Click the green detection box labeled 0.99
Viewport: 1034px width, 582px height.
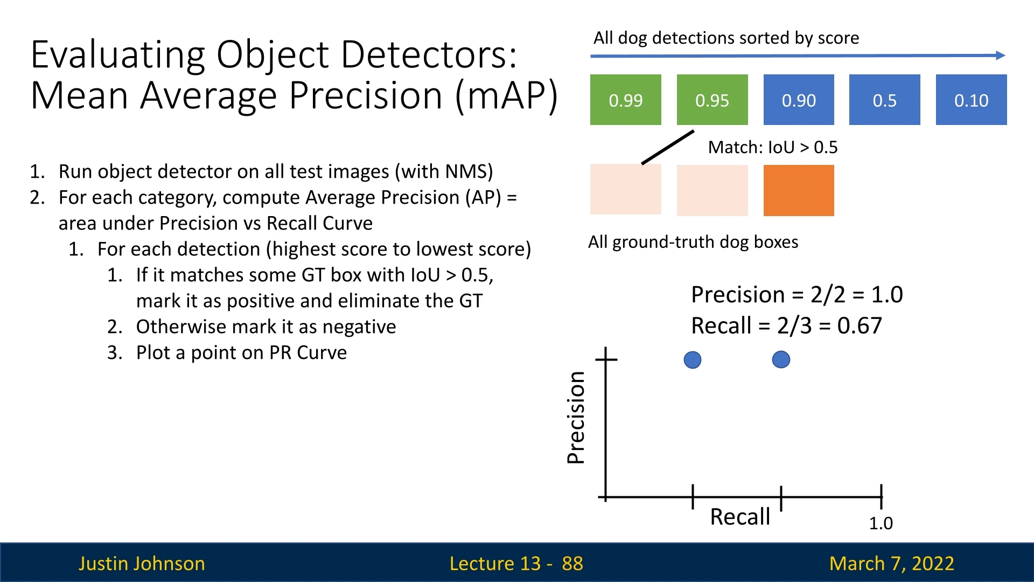tap(625, 100)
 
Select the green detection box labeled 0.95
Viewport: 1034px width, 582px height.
tap(712, 100)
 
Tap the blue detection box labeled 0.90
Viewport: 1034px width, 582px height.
tap(799, 100)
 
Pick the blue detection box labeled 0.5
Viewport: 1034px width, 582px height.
tap(884, 100)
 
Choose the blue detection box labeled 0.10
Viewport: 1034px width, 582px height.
tap(971, 100)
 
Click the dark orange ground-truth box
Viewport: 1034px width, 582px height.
tap(799, 190)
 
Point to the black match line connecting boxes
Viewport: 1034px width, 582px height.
tap(668, 147)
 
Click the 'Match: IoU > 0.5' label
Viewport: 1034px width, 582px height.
tap(772, 147)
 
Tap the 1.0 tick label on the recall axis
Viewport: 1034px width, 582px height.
tap(881, 523)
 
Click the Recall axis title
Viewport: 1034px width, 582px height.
tap(740, 517)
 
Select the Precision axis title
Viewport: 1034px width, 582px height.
tap(576, 418)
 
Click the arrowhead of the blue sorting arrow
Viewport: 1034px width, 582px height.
tap(1000, 55)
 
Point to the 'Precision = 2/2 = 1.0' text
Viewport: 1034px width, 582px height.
tap(797, 295)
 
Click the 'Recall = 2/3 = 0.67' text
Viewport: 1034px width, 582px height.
tap(786, 326)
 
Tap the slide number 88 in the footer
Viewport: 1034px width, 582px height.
tap(572, 564)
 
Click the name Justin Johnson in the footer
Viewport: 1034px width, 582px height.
tap(142, 564)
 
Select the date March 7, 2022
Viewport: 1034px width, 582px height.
tap(891, 564)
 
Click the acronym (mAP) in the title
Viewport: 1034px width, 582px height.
tap(506, 96)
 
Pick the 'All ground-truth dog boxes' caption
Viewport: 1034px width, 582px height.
tap(693, 242)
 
